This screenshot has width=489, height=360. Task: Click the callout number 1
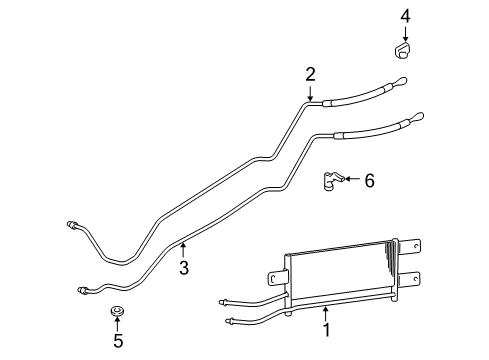point(326,326)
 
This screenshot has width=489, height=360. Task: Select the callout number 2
point(311,74)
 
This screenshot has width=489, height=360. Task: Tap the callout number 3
point(183,267)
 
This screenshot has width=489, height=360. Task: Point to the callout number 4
point(405,15)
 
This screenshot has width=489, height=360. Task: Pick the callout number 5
point(118,341)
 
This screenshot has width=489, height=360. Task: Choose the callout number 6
point(369,181)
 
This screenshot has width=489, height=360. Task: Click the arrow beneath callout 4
point(405,34)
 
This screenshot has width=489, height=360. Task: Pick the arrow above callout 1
point(326,311)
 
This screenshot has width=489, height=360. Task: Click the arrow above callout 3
point(183,250)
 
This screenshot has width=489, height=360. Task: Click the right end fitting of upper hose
point(400,83)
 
